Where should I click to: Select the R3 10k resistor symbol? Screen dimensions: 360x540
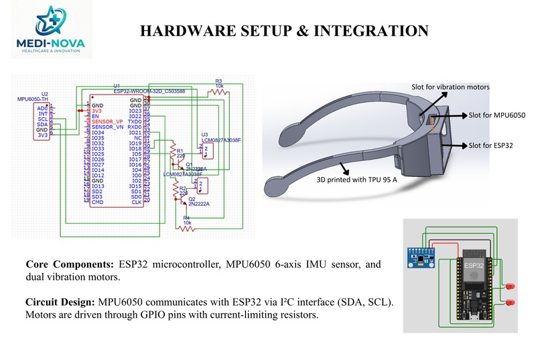click(218, 93)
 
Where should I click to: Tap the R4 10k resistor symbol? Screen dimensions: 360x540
click(186, 228)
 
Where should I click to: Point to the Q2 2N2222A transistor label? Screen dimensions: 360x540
click(199, 201)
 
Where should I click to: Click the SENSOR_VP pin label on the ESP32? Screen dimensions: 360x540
click(107, 121)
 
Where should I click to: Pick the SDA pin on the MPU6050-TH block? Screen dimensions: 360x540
click(42, 124)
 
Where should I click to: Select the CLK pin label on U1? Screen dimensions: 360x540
click(136, 202)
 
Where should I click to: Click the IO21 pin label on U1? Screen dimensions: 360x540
click(135, 132)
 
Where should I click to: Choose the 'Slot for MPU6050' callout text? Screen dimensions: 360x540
click(496, 115)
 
